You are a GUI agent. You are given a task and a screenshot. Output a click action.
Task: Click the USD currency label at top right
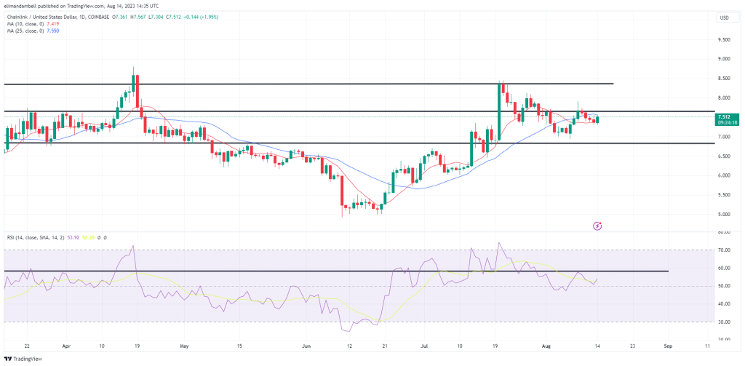pyautogui.click(x=724, y=17)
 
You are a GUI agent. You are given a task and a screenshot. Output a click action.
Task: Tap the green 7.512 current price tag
pyautogui.click(x=725, y=116)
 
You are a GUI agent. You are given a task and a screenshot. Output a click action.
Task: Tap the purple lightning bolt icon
pyautogui.click(x=597, y=226)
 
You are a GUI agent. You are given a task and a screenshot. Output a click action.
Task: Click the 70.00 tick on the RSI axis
pyautogui.click(x=723, y=250)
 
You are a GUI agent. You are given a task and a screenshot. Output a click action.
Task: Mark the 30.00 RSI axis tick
pyautogui.click(x=723, y=322)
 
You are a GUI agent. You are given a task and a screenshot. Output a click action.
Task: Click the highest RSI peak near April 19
pyautogui.click(x=133, y=246)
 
